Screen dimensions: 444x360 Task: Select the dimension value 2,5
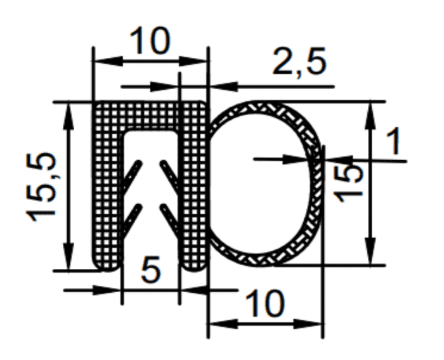click(299, 62)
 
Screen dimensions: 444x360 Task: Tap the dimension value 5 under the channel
click(151, 270)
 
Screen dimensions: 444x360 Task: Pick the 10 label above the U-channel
click(150, 40)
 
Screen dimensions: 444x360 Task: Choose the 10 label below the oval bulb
click(264, 303)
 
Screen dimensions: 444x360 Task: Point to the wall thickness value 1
click(394, 141)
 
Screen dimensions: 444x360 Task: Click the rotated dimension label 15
click(348, 184)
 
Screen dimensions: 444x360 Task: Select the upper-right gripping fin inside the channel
click(169, 177)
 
